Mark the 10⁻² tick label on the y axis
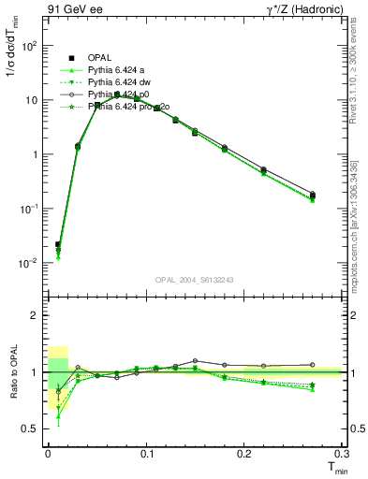coord(30,263)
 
